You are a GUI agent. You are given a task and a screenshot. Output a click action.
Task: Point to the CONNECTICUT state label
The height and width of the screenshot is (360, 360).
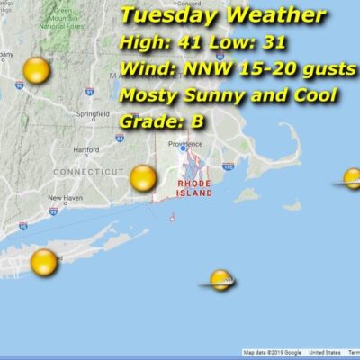tap(87, 171)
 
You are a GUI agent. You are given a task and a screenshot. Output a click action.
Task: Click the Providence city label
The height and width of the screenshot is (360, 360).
tap(183, 144)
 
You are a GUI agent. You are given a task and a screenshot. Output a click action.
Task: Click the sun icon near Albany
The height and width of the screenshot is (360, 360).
tap(36, 70)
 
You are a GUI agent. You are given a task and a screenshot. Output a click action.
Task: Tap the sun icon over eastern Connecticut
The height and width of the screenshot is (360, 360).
tap(143, 178)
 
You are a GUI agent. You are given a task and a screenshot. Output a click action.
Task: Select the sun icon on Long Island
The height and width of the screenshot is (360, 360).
tap(43, 262)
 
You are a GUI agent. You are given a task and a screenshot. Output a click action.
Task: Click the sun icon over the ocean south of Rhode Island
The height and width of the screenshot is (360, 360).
tap(220, 281)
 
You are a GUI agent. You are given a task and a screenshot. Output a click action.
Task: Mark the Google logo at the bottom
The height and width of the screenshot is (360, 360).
tap(293, 352)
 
